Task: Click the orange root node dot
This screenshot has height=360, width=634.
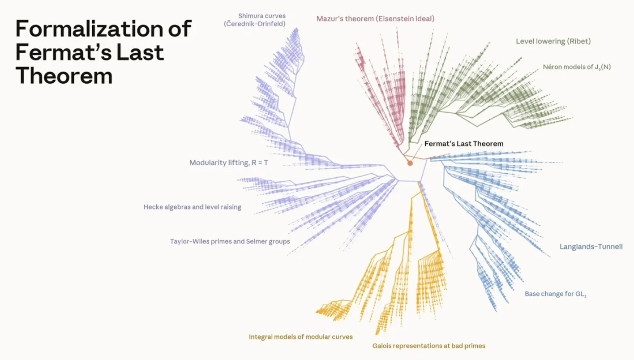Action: (x=410, y=163)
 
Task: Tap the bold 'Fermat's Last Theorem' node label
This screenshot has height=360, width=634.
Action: (x=464, y=144)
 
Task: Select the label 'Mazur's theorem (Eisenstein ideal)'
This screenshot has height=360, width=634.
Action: (x=375, y=19)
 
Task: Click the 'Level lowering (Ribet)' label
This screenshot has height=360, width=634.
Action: (x=553, y=41)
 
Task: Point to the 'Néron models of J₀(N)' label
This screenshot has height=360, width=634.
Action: (x=577, y=67)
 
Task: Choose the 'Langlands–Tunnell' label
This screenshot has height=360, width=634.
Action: (x=591, y=247)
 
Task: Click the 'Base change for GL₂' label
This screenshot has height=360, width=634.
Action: (x=556, y=294)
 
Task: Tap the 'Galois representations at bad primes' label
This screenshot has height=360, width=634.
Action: (x=429, y=346)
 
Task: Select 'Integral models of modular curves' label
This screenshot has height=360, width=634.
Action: (x=301, y=337)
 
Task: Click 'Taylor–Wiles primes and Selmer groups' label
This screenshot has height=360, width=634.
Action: (x=230, y=241)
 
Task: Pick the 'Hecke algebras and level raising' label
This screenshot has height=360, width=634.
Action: (x=193, y=207)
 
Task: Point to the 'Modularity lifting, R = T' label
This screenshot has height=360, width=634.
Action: (x=229, y=163)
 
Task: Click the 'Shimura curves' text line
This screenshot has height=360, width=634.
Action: (x=262, y=16)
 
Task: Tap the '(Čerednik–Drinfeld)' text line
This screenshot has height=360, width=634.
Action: (x=255, y=24)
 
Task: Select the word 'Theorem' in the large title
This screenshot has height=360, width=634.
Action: (x=64, y=76)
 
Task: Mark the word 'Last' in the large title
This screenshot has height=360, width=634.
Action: (x=141, y=52)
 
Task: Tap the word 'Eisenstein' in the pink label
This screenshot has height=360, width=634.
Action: (x=397, y=19)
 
